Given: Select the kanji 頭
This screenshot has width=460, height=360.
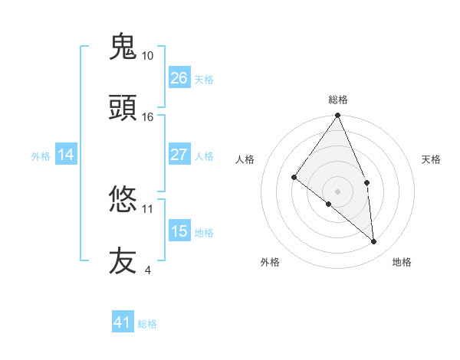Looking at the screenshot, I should (x=123, y=108).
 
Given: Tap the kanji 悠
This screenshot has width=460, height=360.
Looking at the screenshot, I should (x=123, y=200).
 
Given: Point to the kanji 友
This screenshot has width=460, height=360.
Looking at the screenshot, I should (x=123, y=261).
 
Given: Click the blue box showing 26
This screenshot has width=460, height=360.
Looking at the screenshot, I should (x=179, y=78).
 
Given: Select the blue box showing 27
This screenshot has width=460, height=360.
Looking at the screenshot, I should (x=179, y=155).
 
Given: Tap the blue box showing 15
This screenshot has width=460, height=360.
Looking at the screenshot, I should (x=179, y=231).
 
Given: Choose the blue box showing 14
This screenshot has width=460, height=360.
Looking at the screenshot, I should (x=66, y=155).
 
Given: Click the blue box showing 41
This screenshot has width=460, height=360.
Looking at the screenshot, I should (x=123, y=322).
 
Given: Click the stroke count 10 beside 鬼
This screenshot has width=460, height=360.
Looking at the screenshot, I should (x=148, y=56).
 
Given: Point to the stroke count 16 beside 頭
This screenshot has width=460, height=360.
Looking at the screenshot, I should (x=148, y=117).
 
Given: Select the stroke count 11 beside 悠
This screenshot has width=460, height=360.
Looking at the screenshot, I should (x=148, y=208).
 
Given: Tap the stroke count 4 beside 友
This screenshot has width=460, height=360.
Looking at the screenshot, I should (x=147, y=270).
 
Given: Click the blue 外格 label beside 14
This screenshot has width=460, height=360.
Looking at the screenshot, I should (x=41, y=156).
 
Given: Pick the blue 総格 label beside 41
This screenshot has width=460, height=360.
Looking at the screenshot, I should (x=147, y=324).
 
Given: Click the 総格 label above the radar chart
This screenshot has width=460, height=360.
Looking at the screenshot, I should (x=338, y=100).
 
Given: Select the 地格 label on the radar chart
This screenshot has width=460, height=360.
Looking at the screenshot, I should (x=402, y=262).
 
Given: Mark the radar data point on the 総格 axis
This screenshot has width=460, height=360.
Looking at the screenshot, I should (x=338, y=116).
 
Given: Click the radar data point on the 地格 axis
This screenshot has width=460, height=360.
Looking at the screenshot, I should (x=374, y=241).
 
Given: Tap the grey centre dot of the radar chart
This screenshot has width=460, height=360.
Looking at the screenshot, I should (x=338, y=191).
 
